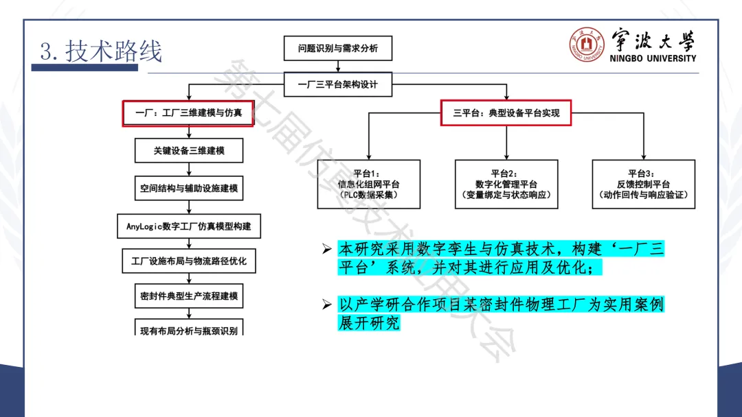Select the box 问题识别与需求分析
(x=337, y=49)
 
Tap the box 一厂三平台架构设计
(x=337, y=85)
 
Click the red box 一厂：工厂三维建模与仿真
(x=188, y=113)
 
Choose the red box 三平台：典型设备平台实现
(x=506, y=112)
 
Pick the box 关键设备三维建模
(x=189, y=150)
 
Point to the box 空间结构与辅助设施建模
(x=189, y=187)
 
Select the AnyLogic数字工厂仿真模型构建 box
(x=189, y=225)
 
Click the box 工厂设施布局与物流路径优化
(x=189, y=261)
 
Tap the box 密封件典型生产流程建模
(x=189, y=297)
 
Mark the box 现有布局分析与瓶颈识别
(x=189, y=330)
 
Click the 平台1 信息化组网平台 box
(x=368, y=184)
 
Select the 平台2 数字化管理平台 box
(x=506, y=184)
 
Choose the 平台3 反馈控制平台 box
(x=643, y=184)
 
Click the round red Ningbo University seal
(x=586, y=46)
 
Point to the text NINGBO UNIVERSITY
(x=653, y=58)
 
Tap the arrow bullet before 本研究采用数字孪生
(x=327, y=250)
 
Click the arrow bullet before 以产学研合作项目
(x=327, y=304)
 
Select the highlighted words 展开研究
(x=368, y=322)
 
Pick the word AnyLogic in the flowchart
(x=144, y=225)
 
